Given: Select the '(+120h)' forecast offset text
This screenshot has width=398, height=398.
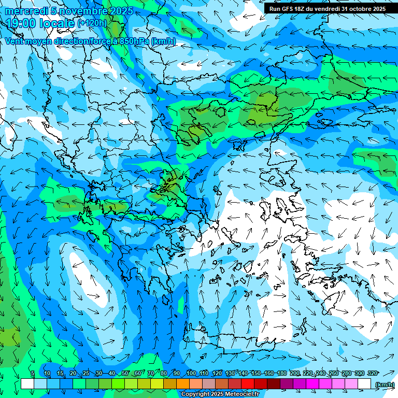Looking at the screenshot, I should click(92, 23).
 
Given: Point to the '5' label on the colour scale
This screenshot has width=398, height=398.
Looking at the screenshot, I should click(33, 374).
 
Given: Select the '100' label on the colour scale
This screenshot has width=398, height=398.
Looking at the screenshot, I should click(191, 374).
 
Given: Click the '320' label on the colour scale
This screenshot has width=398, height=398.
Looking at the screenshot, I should click(372, 374).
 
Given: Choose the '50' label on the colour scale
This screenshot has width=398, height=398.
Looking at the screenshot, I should click(125, 374).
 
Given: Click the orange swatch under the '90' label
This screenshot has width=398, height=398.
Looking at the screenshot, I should click(183, 384).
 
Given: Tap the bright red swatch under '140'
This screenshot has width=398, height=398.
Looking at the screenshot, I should click(248, 384).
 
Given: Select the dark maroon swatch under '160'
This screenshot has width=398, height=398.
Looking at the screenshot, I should click(274, 384).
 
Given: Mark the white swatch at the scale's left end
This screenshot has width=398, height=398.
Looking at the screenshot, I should click(27, 384).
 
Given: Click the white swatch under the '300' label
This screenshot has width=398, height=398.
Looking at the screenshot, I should click(364, 384).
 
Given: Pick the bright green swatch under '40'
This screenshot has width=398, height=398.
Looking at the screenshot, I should click(118, 384).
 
